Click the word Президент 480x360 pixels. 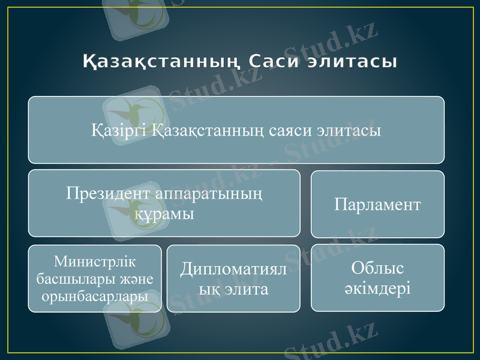(x=108, y=194)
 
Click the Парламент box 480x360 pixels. (x=377, y=204)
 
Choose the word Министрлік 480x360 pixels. (x=95, y=262)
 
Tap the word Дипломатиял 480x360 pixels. (x=233, y=270)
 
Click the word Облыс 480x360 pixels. (x=377, y=268)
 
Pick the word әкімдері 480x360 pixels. (x=377, y=288)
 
